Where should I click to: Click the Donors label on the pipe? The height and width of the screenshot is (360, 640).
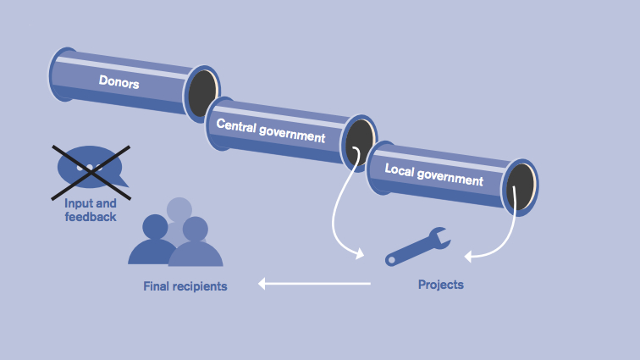point(119,83)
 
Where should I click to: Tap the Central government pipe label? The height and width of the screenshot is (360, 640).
point(270,130)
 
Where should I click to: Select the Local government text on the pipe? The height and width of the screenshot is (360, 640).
point(433,174)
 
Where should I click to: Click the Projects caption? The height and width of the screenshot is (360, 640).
point(441,285)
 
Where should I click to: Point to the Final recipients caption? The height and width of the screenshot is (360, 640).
point(185,286)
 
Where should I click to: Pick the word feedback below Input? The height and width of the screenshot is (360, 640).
point(91,217)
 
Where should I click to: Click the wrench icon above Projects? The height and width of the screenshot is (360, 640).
point(417,246)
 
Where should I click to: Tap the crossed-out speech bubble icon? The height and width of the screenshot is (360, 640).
point(91,167)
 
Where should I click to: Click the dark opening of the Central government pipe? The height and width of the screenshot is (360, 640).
point(359,141)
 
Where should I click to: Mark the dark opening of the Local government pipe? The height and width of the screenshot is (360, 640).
point(521,186)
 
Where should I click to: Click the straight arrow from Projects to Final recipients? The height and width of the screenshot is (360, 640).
point(314,284)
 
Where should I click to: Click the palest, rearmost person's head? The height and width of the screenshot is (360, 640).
point(179,209)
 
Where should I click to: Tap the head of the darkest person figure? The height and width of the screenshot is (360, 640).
point(155,227)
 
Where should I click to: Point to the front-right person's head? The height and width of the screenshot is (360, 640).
point(196,229)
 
